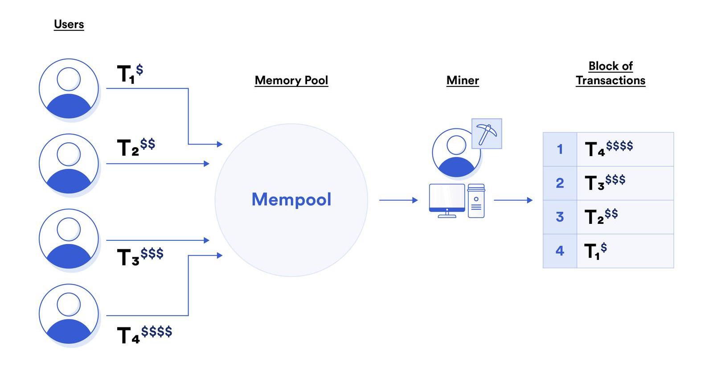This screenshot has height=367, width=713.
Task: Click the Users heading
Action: tap(69, 24)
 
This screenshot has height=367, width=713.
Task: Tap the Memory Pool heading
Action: tap(291, 80)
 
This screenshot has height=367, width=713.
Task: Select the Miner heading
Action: tap(463, 80)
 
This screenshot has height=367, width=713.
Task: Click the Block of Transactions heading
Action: tap(611, 74)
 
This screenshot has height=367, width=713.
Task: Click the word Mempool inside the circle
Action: tap(291, 199)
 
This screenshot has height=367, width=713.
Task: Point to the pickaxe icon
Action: tap(487, 134)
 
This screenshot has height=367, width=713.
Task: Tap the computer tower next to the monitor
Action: tap(476, 201)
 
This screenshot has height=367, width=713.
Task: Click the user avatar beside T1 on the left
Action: tap(69, 88)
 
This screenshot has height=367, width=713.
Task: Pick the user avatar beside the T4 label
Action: tap(69, 314)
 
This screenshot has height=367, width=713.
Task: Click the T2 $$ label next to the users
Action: tap(136, 147)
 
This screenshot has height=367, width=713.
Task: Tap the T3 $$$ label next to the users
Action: tap(140, 256)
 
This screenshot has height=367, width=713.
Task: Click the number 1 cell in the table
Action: tap(560, 149)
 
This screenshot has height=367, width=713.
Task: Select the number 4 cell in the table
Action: tap(560, 251)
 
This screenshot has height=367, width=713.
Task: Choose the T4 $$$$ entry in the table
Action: tap(609, 148)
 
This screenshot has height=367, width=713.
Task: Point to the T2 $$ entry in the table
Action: tap(601, 216)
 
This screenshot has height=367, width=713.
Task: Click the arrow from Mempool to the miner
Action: tap(398, 200)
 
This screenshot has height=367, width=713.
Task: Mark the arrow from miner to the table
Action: tap(513, 200)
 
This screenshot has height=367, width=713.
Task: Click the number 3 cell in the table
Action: tap(560, 217)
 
